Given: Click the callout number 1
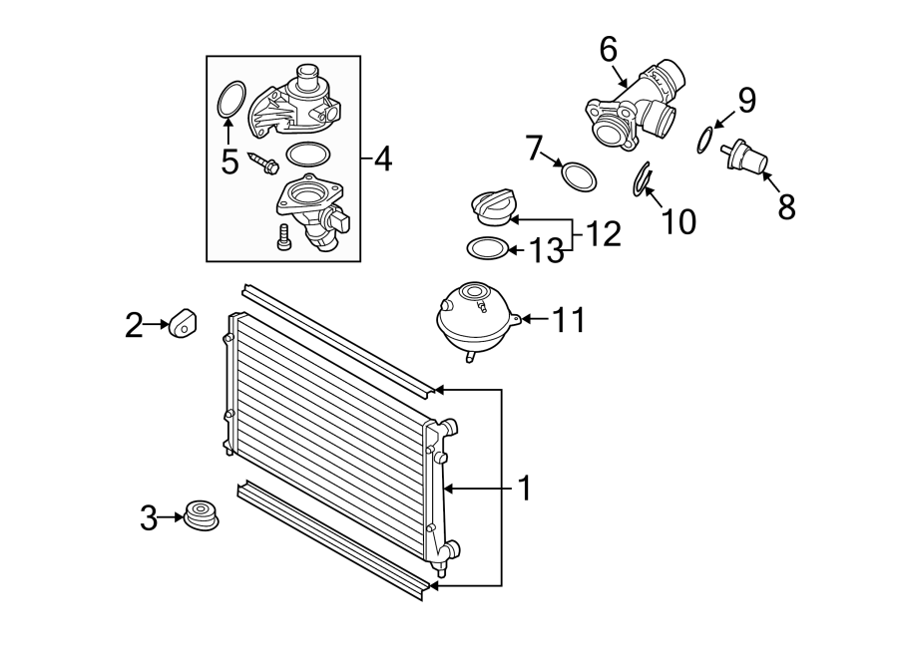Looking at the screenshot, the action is click(x=524, y=489).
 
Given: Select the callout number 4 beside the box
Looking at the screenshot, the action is click(x=383, y=158).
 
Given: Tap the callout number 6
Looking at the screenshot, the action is click(x=608, y=48).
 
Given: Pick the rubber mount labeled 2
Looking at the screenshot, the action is click(x=181, y=324).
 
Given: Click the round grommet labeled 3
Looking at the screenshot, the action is click(x=202, y=517).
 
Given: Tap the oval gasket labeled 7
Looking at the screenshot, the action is click(x=580, y=177).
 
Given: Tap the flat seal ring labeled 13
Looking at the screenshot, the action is click(x=487, y=247).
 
